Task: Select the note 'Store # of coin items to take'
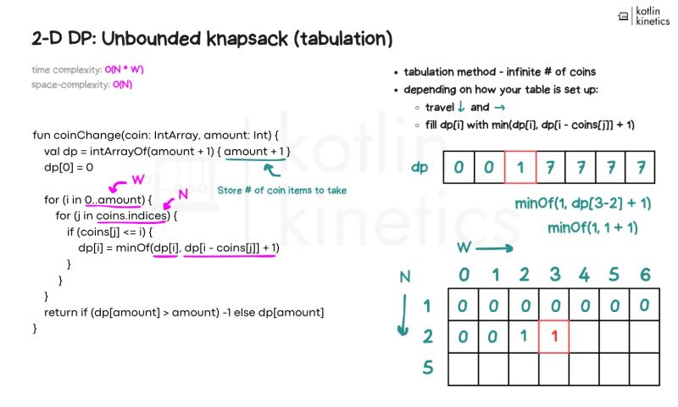click(282, 190)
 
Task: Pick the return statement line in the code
click(184, 313)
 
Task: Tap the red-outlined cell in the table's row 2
click(553, 336)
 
